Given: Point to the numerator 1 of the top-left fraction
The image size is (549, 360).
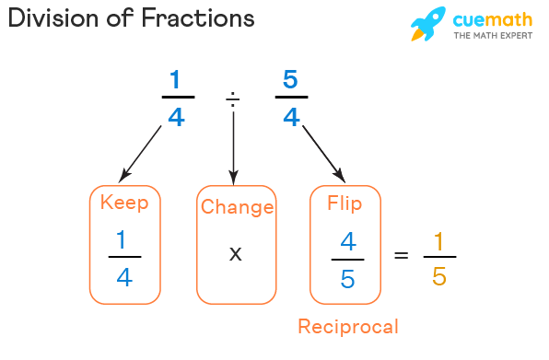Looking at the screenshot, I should (175, 80).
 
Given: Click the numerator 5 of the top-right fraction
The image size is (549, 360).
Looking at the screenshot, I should (290, 80).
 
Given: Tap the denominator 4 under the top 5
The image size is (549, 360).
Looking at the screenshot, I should (290, 117).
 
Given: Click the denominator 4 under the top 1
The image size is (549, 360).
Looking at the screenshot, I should (175, 117).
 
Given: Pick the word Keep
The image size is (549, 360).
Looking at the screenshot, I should (124, 203).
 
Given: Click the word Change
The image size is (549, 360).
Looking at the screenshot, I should (237, 207).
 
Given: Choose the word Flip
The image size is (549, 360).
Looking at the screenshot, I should (345, 203).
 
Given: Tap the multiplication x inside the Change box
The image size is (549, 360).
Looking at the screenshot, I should (236, 252).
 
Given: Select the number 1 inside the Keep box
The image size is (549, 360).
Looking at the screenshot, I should (123, 241).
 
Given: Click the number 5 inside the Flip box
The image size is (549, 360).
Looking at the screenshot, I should (347, 278).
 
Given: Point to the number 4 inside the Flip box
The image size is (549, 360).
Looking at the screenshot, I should (347, 241).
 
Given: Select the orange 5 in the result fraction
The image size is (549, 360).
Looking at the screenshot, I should (439, 276).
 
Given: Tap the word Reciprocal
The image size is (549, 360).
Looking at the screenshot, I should (347, 326).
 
